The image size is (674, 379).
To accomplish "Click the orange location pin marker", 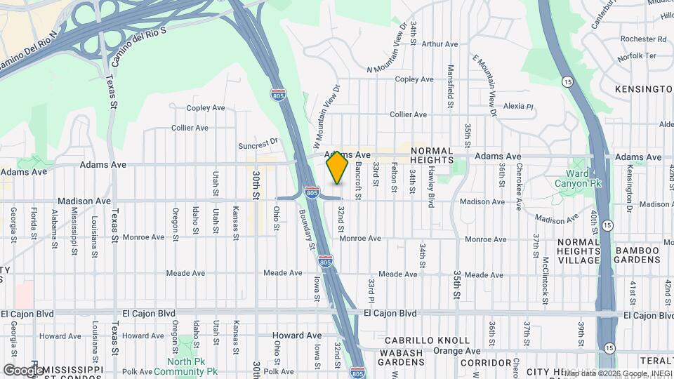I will click(338, 168).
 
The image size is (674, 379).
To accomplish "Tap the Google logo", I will click(23, 370).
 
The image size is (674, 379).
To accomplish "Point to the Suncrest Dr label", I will click(258, 142).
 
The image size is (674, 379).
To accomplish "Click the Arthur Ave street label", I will click(440, 44).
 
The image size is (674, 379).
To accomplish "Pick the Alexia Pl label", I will click(519, 107).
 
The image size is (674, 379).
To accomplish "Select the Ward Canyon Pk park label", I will click(584, 179).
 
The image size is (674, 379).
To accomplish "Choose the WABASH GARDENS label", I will click(402, 357).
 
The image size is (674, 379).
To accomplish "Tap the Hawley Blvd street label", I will click(430, 185).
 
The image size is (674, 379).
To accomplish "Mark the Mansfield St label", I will click(451, 82).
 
